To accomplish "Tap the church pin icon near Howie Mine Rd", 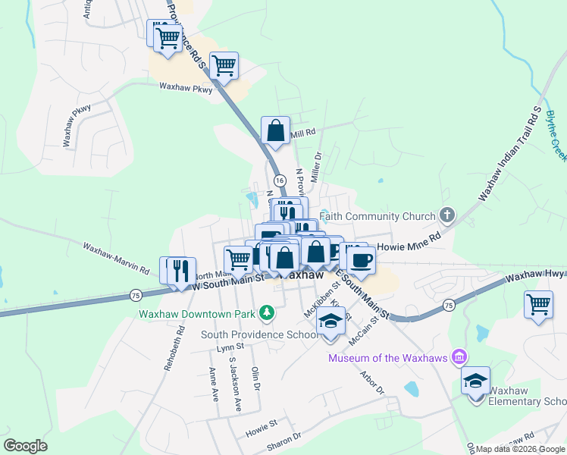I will pyautogui.click(x=447, y=215).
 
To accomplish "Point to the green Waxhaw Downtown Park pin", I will pyautogui.click(x=266, y=312).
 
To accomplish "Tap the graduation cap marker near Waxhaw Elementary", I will pyautogui.click(x=475, y=382).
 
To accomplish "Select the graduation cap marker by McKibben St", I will pyautogui.click(x=331, y=322).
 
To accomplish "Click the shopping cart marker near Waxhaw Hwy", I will pyautogui.click(x=538, y=305).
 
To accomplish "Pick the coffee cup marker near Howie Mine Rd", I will pyautogui.click(x=362, y=261).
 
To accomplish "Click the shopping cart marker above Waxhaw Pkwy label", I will pyautogui.click(x=224, y=67).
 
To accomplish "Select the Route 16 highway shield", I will pyautogui.click(x=280, y=180).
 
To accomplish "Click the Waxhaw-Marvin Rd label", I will pyautogui.click(x=116, y=258).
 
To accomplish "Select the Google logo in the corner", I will pyautogui.click(x=25, y=445).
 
